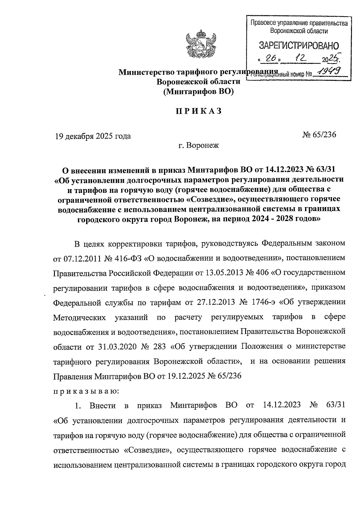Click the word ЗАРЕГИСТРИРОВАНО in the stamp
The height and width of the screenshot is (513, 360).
click(298, 46)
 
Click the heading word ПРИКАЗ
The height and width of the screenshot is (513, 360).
click(199, 111)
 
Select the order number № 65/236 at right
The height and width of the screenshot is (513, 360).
click(319, 134)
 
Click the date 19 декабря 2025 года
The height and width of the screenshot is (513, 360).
click(93, 136)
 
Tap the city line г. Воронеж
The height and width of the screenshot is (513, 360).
click(198, 146)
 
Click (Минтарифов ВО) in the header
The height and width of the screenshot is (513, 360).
click(198, 92)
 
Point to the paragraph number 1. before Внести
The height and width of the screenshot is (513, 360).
click(78, 406)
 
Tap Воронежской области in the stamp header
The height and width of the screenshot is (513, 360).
click(299, 31)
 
